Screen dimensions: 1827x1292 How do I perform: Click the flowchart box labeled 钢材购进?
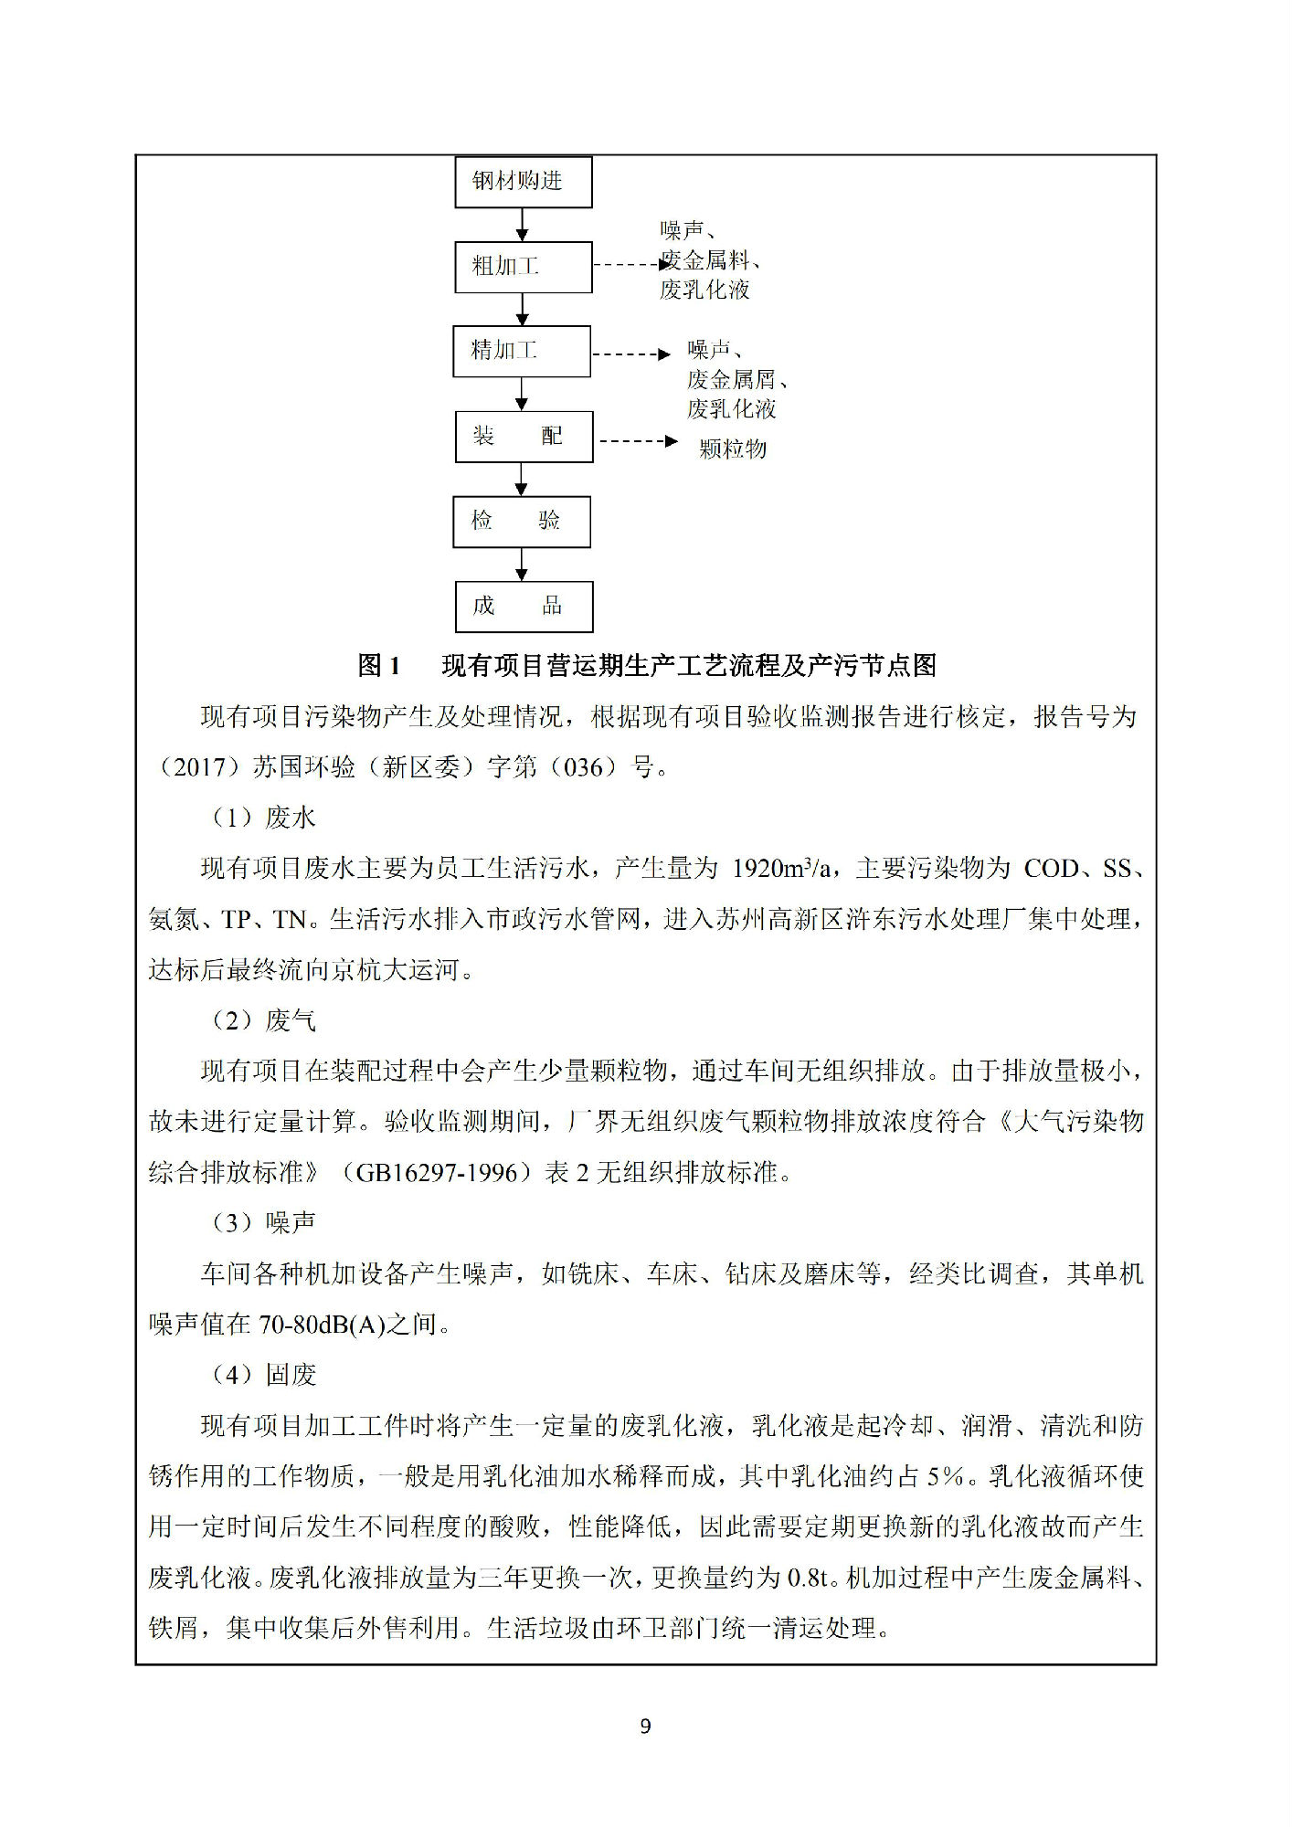pyautogui.click(x=524, y=182)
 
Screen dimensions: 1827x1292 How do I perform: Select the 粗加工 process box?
pyautogui.click(x=524, y=267)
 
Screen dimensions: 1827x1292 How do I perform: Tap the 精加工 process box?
pyautogui.click(x=522, y=351)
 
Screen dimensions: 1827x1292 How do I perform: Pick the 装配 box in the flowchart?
pyautogui.click(x=524, y=437)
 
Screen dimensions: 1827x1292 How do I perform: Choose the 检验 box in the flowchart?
pyautogui.click(x=522, y=522)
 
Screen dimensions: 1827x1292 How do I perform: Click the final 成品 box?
pyautogui.click(x=524, y=607)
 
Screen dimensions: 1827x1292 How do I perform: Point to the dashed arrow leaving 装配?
pyautogui.click(x=637, y=441)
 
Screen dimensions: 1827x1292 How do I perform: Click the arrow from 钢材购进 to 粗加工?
pyautogui.click(x=522, y=225)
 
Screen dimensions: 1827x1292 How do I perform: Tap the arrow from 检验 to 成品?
pyautogui.click(x=522, y=565)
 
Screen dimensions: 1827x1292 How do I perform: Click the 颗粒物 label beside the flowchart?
pyautogui.click(x=733, y=449)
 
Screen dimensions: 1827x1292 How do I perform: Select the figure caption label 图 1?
pyautogui.click(x=378, y=666)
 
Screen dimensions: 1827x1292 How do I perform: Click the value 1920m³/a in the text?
pyautogui.click(x=782, y=868)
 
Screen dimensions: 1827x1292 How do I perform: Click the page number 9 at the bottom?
pyautogui.click(x=646, y=1727)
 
